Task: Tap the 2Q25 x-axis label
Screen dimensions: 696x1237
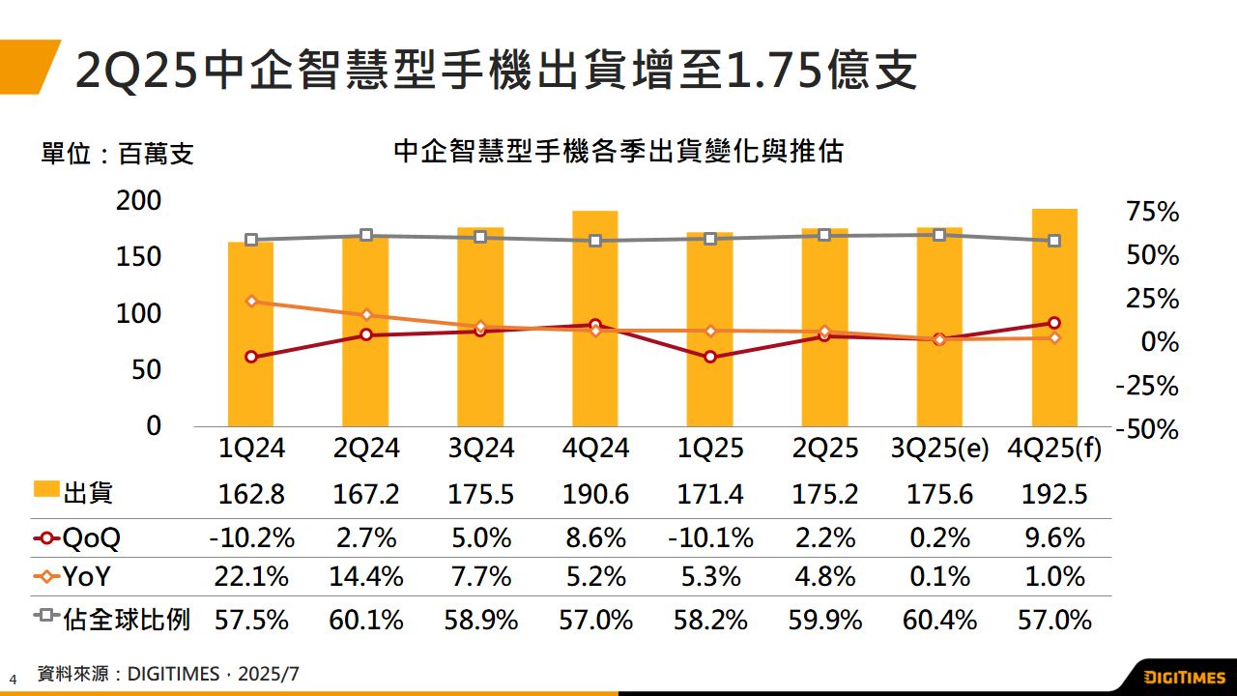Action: [825, 449]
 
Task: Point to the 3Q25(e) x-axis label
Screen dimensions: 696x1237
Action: [940, 449]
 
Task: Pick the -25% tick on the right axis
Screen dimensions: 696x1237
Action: [1146, 386]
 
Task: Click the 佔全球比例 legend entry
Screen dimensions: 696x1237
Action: [111, 619]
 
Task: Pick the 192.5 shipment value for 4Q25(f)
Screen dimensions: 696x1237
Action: [1054, 495]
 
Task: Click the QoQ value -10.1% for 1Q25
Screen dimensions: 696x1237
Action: [710, 537]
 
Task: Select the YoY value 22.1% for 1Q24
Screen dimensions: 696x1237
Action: [251, 577]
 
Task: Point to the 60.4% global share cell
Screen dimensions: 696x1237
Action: [940, 619]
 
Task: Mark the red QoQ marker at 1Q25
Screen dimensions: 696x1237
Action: [710, 357]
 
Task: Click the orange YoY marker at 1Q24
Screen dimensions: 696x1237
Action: [251, 302]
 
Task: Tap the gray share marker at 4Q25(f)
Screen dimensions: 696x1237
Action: [1054, 241]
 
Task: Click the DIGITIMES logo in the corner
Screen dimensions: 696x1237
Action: [1185, 677]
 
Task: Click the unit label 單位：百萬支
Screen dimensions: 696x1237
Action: [117, 154]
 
